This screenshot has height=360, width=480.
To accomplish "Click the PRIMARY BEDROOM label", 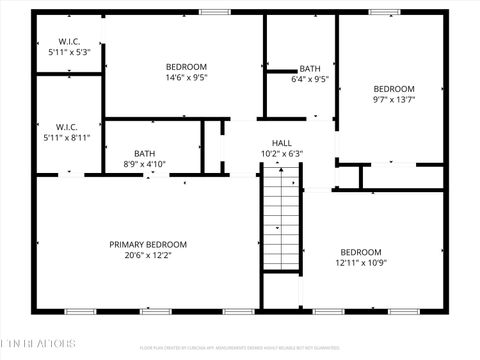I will click(x=148, y=244).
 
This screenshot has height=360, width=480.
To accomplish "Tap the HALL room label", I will click(x=282, y=143).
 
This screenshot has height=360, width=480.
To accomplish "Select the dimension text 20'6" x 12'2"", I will click(x=148, y=255).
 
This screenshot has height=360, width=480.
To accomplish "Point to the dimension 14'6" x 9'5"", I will click(x=187, y=77).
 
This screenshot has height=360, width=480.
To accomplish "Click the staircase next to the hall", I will click(x=281, y=220).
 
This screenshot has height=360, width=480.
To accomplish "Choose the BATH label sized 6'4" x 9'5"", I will click(x=310, y=68).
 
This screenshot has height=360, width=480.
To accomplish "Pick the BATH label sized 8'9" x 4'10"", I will click(x=144, y=153).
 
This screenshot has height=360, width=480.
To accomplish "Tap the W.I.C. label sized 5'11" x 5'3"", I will click(x=68, y=41).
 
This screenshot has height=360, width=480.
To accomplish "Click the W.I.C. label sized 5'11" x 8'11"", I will click(x=68, y=127).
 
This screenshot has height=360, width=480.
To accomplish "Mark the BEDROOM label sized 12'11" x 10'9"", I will click(x=360, y=252).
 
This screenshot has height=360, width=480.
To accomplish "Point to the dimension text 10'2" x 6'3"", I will click(x=282, y=154).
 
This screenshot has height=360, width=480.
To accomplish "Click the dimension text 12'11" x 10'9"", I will click(x=360, y=263).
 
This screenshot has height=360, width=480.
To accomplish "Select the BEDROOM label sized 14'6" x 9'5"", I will click(x=187, y=66).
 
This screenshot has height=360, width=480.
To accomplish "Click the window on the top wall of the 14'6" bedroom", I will click(x=214, y=12).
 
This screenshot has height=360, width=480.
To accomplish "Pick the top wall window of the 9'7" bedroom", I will click(x=384, y=12).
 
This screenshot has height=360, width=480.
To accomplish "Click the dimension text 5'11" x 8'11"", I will click(x=68, y=138).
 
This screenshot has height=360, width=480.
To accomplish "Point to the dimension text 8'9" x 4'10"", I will click(x=144, y=164).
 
